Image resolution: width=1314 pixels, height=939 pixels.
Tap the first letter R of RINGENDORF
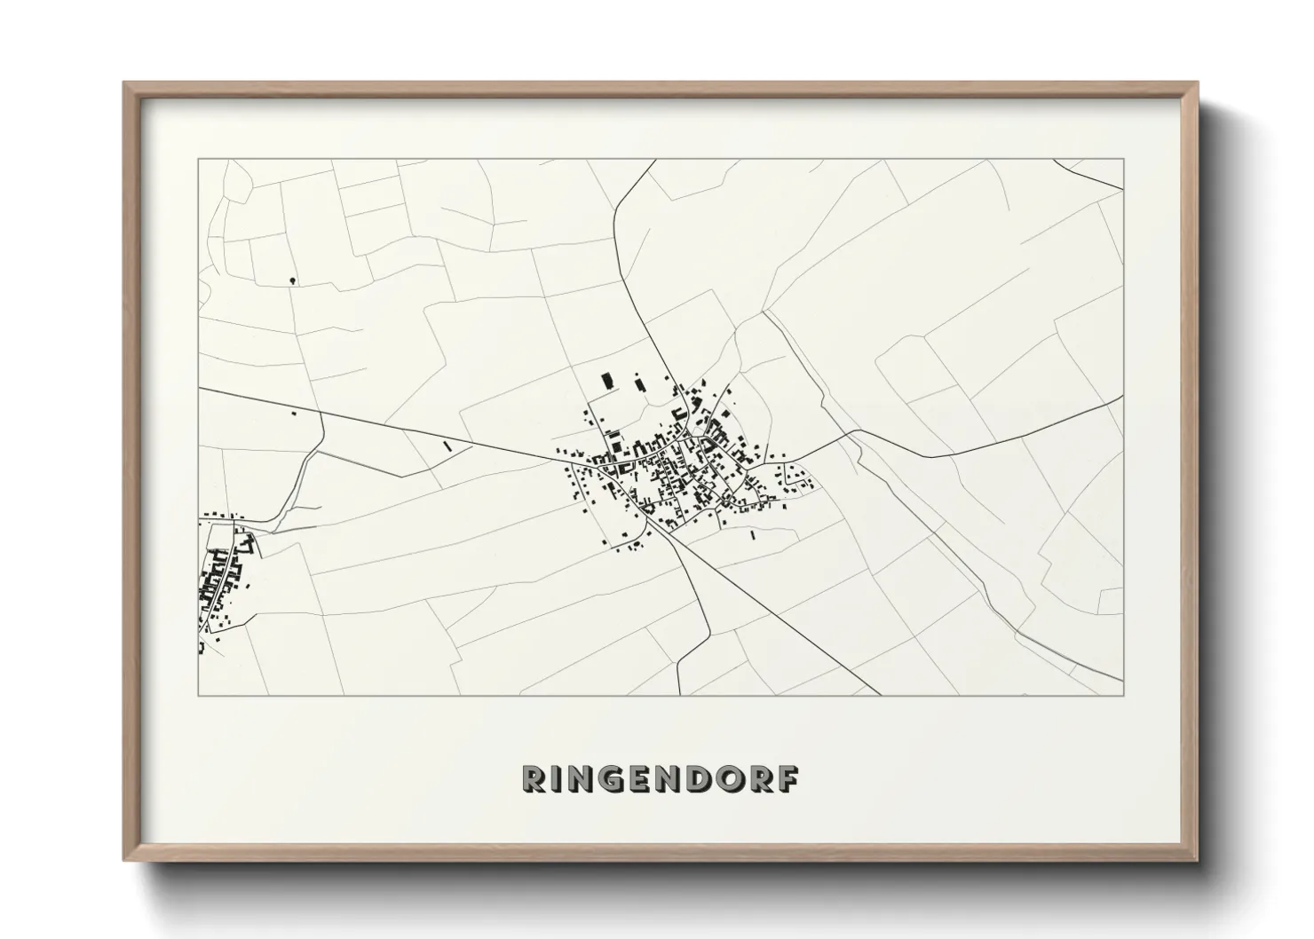click(x=535, y=778)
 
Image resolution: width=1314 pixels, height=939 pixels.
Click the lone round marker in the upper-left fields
click(x=293, y=280)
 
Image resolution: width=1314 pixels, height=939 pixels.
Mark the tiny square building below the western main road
click(x=294, y=413)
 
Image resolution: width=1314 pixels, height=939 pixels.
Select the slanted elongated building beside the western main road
click(x=447, y=447)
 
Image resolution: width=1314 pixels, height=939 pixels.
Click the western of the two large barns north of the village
click(x=608, y=382)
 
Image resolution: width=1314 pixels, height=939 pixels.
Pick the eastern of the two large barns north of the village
click(x=638, y=384)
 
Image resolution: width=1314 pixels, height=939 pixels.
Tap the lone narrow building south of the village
click(x=753, y=535)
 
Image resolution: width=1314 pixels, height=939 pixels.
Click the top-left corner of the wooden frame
click(x=125, y=83)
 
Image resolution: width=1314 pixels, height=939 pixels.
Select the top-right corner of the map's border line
click(x=1123, y=159)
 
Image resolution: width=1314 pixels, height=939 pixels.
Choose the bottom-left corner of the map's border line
click(x=198, y=695)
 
